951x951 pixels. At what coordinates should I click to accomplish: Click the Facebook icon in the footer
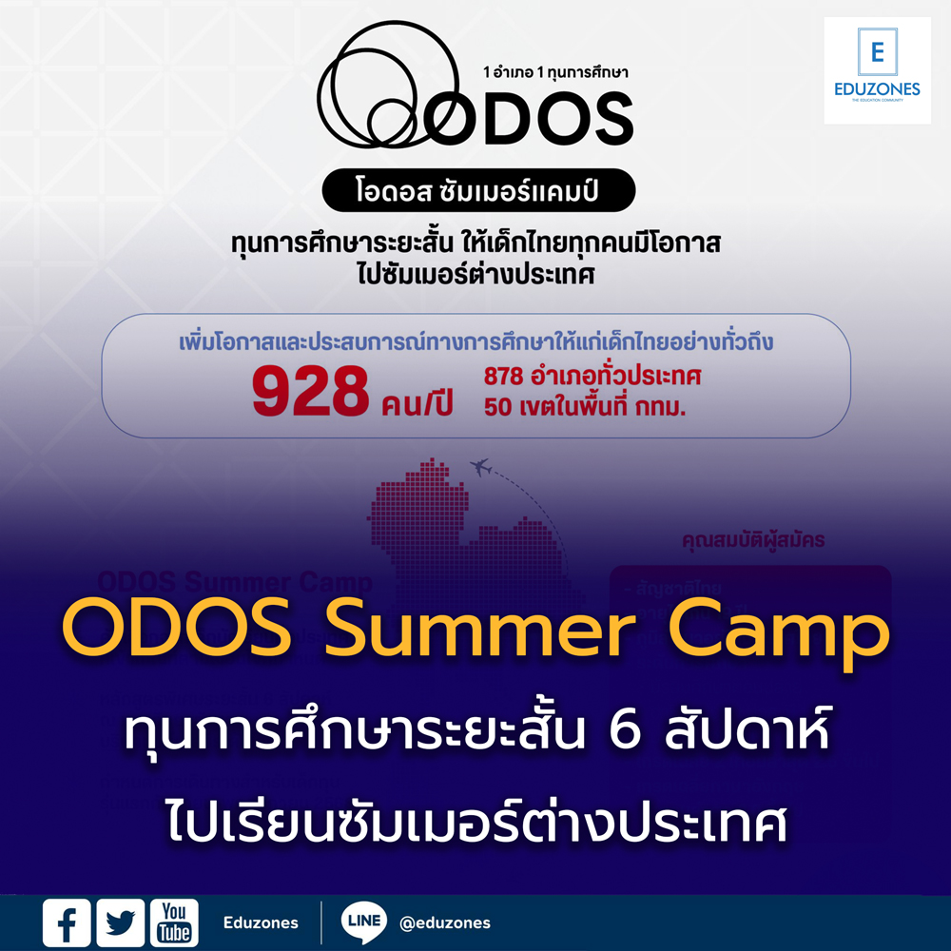click(x=67, y=922)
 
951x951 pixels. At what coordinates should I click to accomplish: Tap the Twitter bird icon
click(x=121, y=922)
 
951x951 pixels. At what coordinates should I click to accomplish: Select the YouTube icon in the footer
click(x=174, y=922)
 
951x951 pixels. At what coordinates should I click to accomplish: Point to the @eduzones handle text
click(x=445, y=922)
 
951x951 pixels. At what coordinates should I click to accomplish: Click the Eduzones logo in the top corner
click(x=877, y=70)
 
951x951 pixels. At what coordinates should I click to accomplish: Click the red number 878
click(x=505, y=376)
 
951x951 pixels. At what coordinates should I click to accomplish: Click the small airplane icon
click(x=481, y=467)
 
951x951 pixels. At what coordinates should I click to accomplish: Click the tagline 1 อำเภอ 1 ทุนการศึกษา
click(x=556, y=71)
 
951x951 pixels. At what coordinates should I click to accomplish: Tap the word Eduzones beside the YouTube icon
click(x=261, y=922)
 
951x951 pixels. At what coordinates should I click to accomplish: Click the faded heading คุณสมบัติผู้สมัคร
click(x=753, y=540)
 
